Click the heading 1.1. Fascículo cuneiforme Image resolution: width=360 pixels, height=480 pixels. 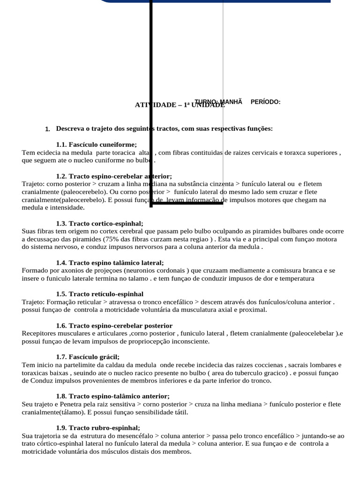(96, 144)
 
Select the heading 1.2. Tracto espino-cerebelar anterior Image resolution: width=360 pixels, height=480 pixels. (114, 176)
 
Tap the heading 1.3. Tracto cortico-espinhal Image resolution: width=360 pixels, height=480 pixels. (99, 224)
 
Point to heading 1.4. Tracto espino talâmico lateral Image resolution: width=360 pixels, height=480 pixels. (110, 262)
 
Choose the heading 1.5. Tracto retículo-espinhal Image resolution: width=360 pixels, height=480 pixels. (99, 294)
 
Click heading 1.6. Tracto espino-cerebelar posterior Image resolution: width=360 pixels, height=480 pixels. (114, 325)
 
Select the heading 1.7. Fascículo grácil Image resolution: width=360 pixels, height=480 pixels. (88, 357)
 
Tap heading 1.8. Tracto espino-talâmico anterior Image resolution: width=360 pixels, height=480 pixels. (112, 396)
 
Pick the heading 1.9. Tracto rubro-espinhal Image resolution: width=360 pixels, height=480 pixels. (98, 427)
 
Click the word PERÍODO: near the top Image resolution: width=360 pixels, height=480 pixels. (265, 102)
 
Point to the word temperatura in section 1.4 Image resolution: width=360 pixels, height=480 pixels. (296, 278)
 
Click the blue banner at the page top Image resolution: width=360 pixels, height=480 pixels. (216, 1)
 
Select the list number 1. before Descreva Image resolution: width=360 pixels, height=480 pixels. (47, 129)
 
